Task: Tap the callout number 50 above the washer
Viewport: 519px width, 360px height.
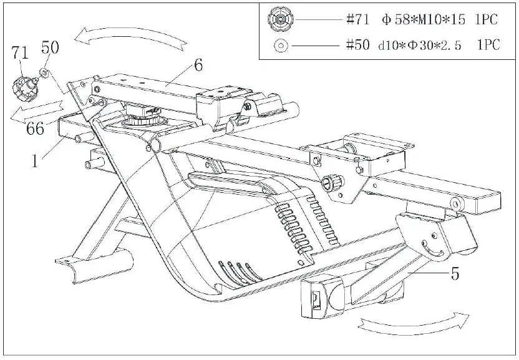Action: click(50, 47)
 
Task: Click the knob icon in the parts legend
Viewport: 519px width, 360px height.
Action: click(279, 19)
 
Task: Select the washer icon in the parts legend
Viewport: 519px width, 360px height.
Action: click(279, 44)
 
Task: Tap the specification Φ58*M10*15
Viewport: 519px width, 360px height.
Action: click(424, 19)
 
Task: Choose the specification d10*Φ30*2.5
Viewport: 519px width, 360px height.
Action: click(421, 44)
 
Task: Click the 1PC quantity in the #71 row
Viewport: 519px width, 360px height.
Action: click(486, 19)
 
